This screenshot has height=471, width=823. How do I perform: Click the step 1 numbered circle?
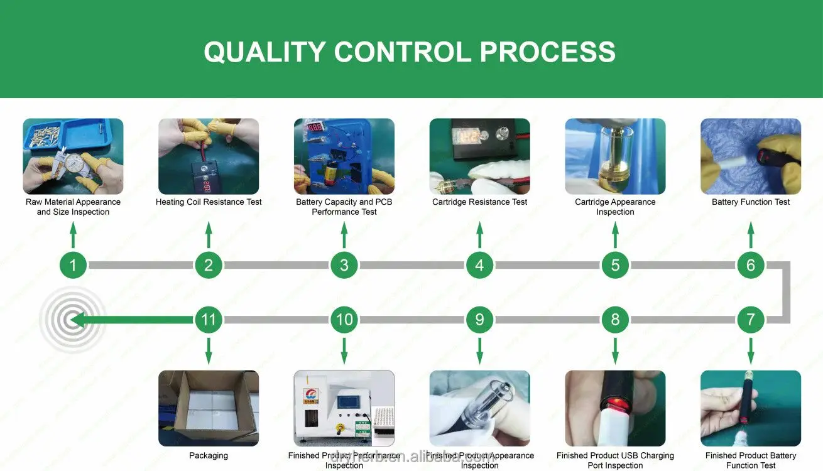click(73, 265)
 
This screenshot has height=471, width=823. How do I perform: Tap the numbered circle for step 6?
click(750, 265)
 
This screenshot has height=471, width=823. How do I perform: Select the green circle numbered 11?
click(209, 320)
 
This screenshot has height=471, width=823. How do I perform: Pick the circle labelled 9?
click(479, 320)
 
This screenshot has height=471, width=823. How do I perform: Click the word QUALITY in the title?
click(264, 51)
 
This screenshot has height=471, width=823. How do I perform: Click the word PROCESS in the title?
click(547, 51)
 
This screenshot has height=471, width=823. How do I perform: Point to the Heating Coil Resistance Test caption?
click(209, 202)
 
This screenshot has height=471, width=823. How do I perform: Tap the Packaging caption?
click(209, 456)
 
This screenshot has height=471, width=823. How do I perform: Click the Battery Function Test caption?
click(751, 202)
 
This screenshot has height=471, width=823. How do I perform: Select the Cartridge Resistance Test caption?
click(479, 202)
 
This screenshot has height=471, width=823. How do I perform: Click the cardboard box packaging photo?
click(209, 408)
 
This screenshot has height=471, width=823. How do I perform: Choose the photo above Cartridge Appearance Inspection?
click(615, 156)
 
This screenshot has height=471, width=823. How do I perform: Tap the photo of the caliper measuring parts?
click(73, 156)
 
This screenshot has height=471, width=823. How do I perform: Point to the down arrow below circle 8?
click(615, 350)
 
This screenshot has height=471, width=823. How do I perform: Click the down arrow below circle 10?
click(344, 350)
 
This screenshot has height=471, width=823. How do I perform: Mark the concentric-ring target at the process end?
click(72, 320)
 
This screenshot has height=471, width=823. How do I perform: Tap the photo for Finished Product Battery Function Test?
click(751, 408)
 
